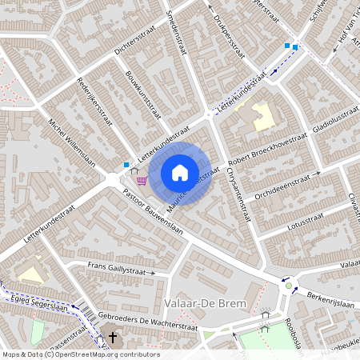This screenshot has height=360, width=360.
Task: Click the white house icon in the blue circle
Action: click(x=180, y=173)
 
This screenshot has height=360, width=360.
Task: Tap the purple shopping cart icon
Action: click(x=142, y=180)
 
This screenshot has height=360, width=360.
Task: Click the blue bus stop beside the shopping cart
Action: click(x=126, y=166)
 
